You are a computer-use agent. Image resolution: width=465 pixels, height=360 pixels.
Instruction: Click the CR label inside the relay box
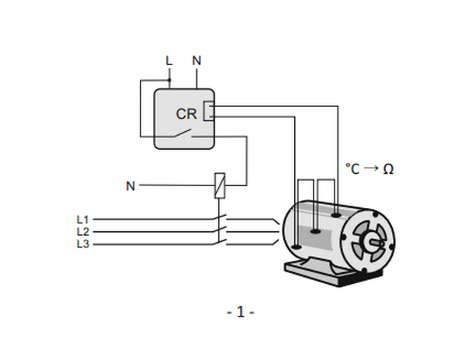[186, 114]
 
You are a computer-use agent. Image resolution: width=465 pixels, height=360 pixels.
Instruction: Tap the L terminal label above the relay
[168, 61]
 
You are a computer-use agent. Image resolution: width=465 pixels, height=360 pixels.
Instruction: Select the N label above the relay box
[196, 61]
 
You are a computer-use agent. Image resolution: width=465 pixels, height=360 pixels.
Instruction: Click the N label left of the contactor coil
[130, 186]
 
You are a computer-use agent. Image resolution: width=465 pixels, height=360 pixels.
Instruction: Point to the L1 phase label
[83, 220]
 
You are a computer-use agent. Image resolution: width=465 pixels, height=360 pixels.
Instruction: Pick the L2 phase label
[83, 232]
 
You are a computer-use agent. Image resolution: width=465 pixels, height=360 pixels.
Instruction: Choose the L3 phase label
[83, 244]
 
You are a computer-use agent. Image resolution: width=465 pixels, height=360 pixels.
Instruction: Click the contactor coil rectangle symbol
[220, 185]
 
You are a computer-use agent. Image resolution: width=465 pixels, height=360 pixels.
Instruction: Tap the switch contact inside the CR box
[182, 133]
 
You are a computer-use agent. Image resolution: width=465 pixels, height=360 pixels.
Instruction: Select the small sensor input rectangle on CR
[208, 111]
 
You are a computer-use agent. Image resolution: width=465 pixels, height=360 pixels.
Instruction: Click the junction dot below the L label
[169, 80]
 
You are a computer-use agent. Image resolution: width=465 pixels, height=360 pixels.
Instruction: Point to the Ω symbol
[388, 169]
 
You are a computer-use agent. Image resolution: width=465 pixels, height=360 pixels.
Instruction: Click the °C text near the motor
[352, 169]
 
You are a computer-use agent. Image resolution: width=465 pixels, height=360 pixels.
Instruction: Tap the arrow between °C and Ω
[371, 168]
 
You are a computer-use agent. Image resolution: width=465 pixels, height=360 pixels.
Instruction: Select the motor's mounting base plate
[332, 272]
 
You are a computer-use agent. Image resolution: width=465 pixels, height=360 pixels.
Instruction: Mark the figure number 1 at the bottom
[241, 312]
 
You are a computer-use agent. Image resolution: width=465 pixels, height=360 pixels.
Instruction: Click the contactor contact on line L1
[220, 217]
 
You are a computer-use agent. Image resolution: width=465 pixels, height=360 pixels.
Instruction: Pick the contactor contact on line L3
[220, 242]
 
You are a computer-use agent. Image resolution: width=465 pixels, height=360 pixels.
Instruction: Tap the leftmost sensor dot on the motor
[297, 247]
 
